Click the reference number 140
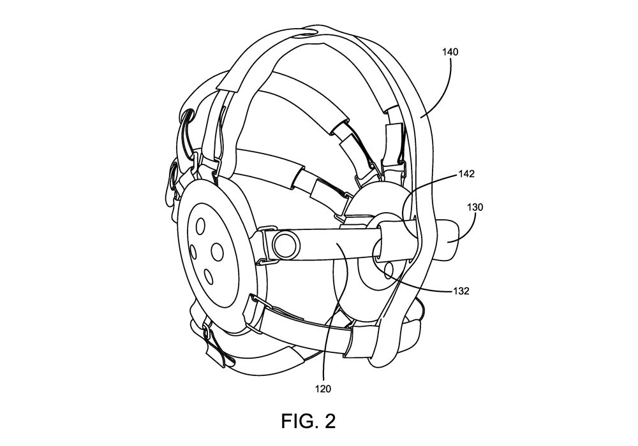click(x=450, y=52)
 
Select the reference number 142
click(x=466, y=174)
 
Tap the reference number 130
click(x=475, y=207)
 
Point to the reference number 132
click(x=461, y=291)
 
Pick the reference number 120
click(x=323, y=389)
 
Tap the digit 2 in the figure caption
click(x=329, y=421)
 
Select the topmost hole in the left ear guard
click(x=200, y=226)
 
